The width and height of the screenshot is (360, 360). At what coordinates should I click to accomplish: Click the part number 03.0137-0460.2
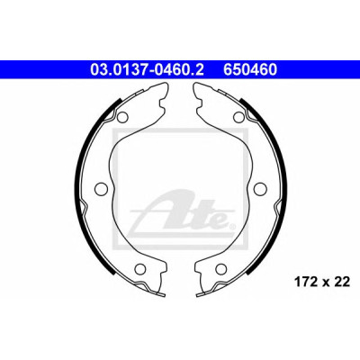147,69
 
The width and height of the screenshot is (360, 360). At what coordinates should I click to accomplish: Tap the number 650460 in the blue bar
249,69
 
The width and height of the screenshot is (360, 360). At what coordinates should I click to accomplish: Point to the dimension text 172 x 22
321,282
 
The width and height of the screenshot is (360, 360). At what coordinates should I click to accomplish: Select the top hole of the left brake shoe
122,117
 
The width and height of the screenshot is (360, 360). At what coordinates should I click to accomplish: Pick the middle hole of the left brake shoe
101,188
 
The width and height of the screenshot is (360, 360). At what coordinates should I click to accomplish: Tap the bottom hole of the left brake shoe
139,268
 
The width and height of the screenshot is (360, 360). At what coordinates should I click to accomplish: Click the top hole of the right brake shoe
238,117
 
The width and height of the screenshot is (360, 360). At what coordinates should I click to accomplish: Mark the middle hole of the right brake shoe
260,188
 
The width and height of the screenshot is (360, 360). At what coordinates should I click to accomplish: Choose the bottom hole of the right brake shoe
221,268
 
